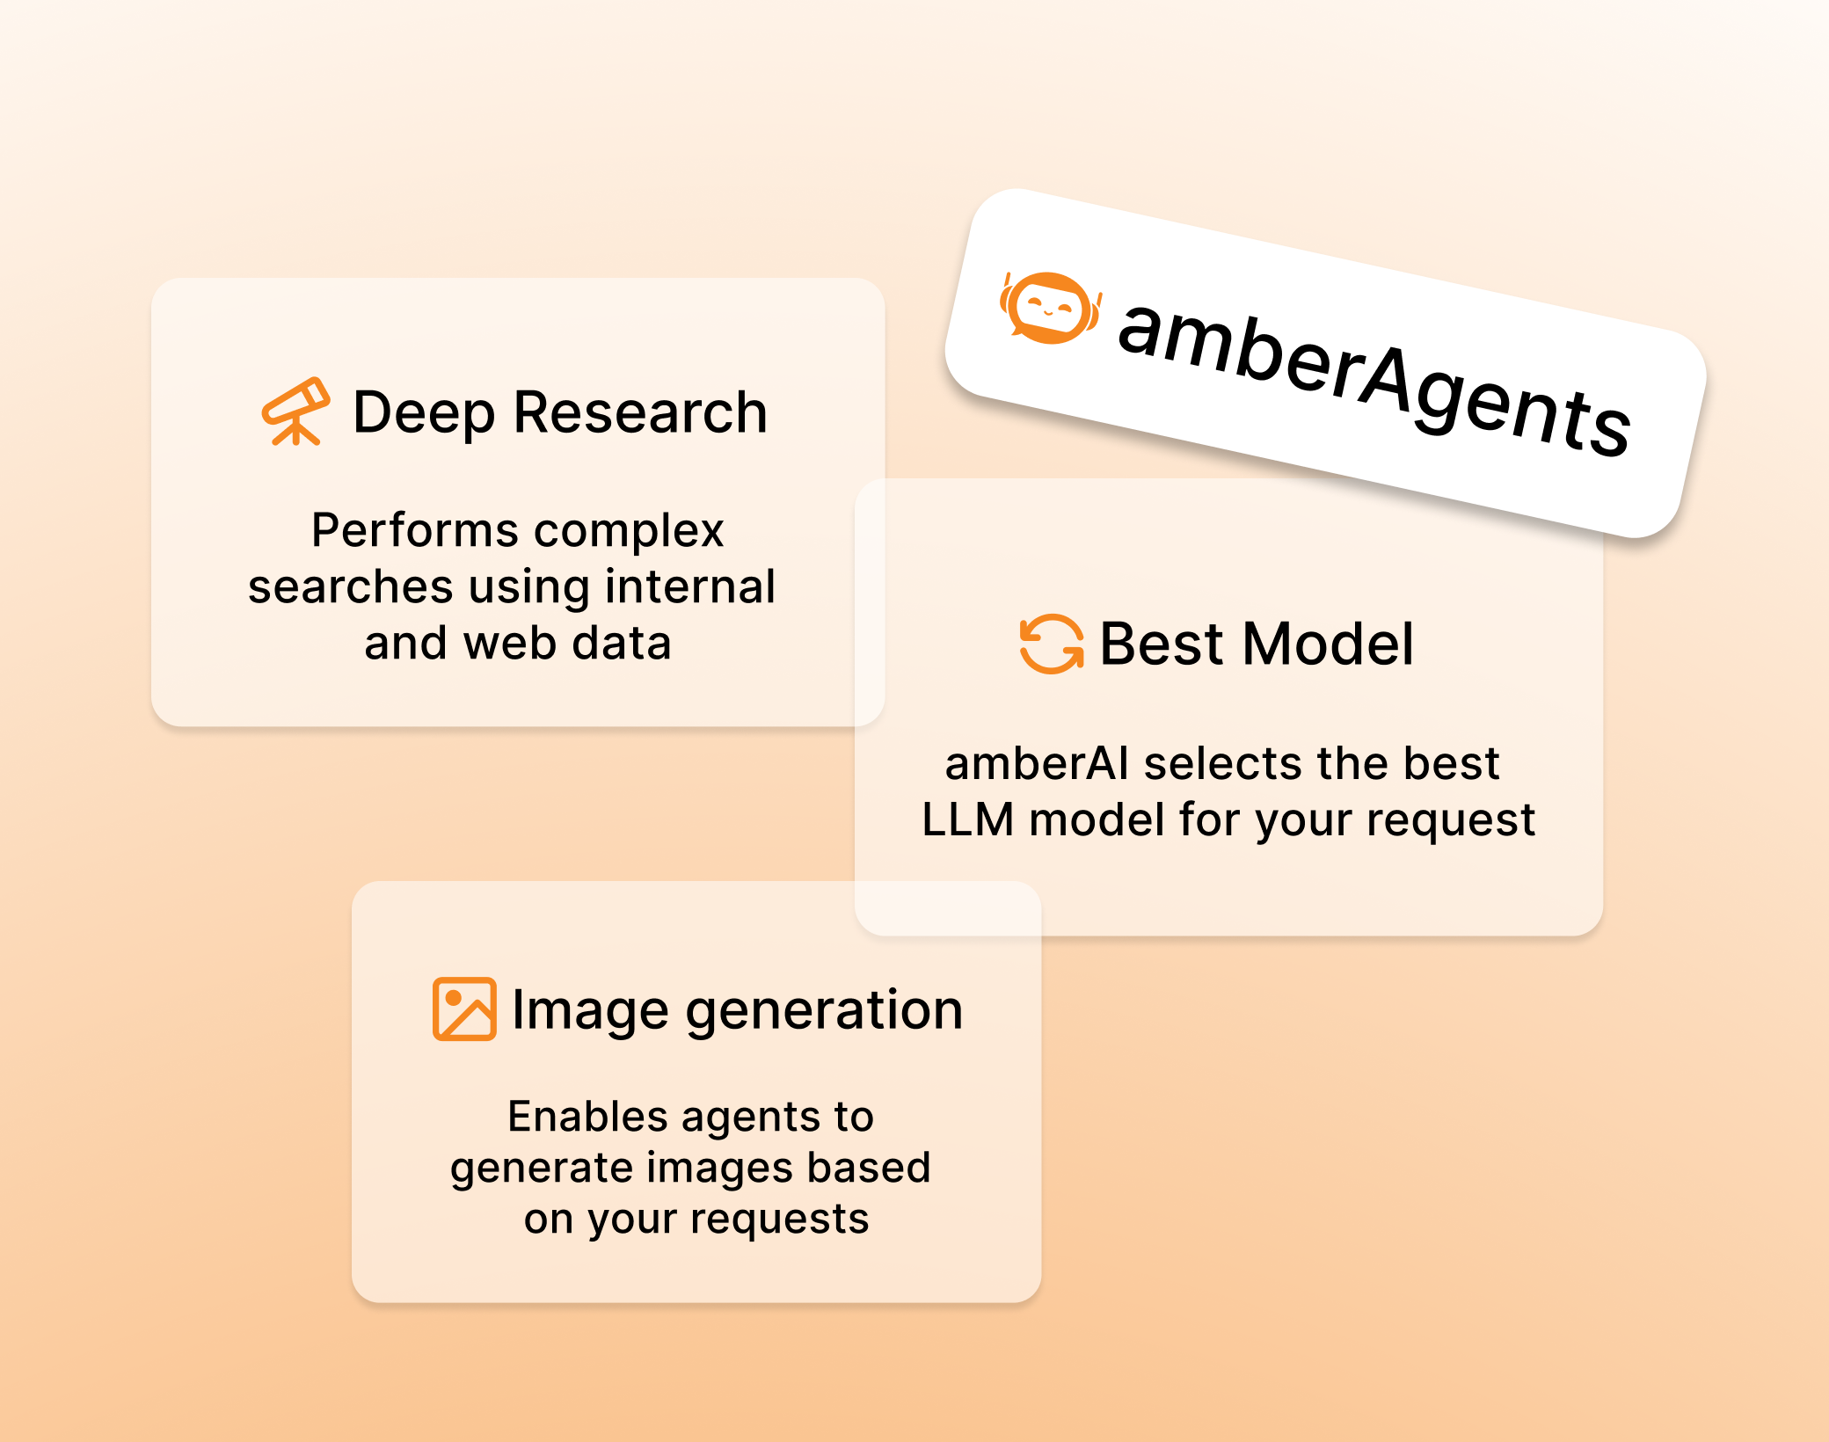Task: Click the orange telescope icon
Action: point(295,411)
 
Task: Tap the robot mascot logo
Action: point(1050,307)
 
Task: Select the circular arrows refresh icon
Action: point(1052,644)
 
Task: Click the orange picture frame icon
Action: point(464,1009)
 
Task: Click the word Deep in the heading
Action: point(424,412)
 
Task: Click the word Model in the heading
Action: point(1329,644)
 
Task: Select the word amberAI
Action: point(1037,762)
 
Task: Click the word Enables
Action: point(588,1117)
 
